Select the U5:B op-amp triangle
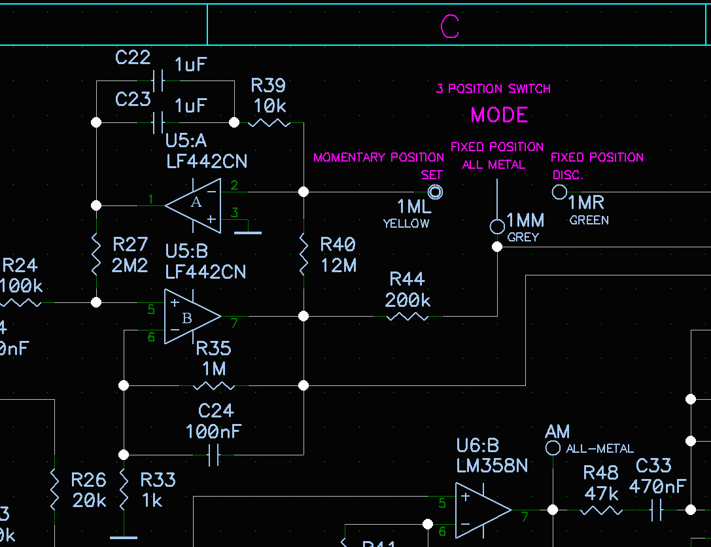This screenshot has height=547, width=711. [191, 317]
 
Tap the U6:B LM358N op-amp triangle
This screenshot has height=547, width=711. [483, 510]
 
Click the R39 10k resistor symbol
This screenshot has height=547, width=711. [269, 122]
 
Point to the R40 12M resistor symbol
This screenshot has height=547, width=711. [303, 255]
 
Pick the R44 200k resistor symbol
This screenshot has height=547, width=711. [408, 317]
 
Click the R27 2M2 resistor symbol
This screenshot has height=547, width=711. [96, 254]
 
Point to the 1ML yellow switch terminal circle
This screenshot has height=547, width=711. [435, 192]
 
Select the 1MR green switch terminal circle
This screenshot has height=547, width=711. [559, 192]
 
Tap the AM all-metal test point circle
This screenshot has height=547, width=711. [553, 448]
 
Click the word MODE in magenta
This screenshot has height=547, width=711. [499, 115]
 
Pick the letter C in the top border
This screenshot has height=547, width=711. [450, 26]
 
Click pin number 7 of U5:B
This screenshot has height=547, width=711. [234, 321]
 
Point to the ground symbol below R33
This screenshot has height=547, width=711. [124, 538]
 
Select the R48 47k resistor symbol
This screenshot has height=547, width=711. [601, 510]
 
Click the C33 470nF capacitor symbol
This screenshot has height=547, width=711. [657, 510]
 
